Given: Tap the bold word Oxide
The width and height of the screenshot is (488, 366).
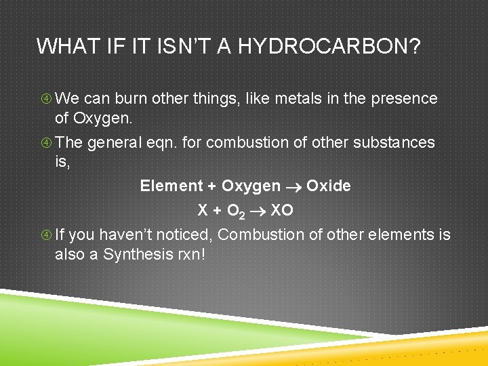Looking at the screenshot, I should [x=329, y=186].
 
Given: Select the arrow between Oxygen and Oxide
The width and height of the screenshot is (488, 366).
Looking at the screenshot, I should [x=293, y=186].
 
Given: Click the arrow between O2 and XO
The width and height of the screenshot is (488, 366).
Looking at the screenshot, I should [x=258, y=211].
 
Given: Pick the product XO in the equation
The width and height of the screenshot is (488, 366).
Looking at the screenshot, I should [x=282, y=210].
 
